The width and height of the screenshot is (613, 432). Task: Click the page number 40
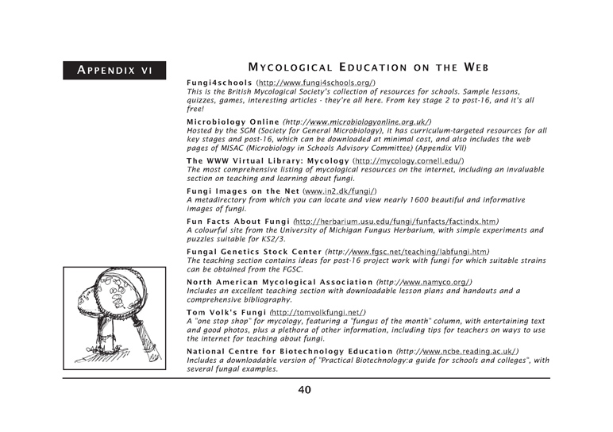click(x=306, y=389)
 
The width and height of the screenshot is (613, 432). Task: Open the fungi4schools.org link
click(x=315, y=83)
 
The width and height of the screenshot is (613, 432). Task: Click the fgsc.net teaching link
click(x=413, y=252)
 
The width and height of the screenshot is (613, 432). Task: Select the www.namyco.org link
click(x=424, y=282)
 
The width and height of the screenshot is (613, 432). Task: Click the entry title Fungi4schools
click(x=219, y=83)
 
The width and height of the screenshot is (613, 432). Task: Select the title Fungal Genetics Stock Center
click(x=253, y=252)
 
